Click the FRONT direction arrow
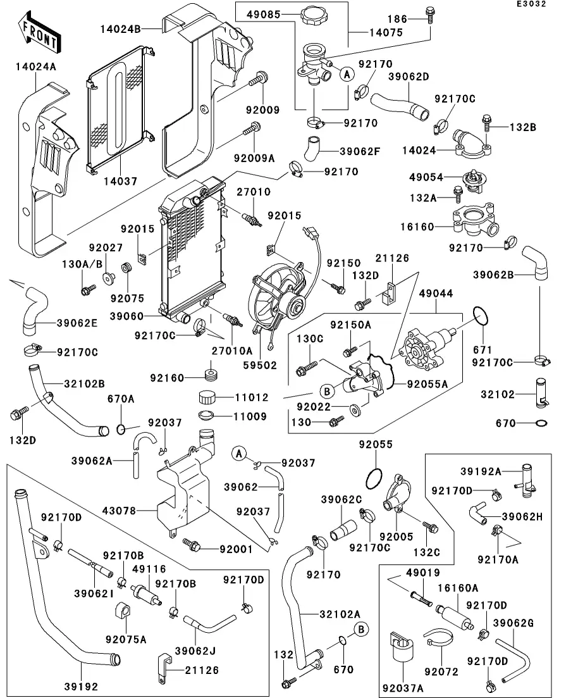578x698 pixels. point(40,35)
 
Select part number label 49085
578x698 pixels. point(263,13)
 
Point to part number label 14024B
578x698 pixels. point(120,28)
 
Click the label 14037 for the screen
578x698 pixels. point(120,181)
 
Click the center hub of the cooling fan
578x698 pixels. point(293,309)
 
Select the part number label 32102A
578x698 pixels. point(340,613)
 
